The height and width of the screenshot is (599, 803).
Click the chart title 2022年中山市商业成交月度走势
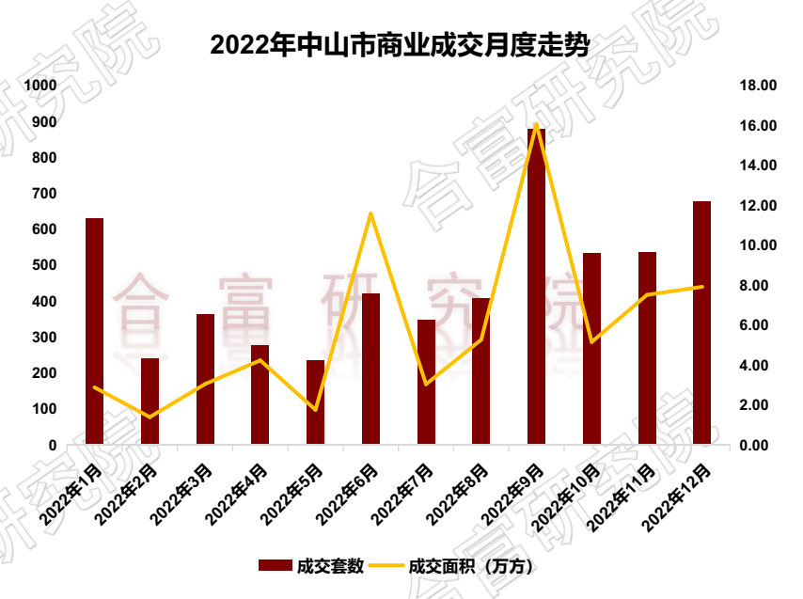399,43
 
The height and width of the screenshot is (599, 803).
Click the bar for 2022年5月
315,402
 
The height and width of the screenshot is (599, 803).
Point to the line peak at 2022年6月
370,213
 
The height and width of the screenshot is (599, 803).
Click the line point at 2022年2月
150,417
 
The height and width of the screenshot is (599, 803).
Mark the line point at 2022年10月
591,341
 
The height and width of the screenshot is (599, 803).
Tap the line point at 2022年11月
647,294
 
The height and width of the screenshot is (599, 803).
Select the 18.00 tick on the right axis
756,86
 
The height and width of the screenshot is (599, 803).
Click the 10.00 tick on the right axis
756,245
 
